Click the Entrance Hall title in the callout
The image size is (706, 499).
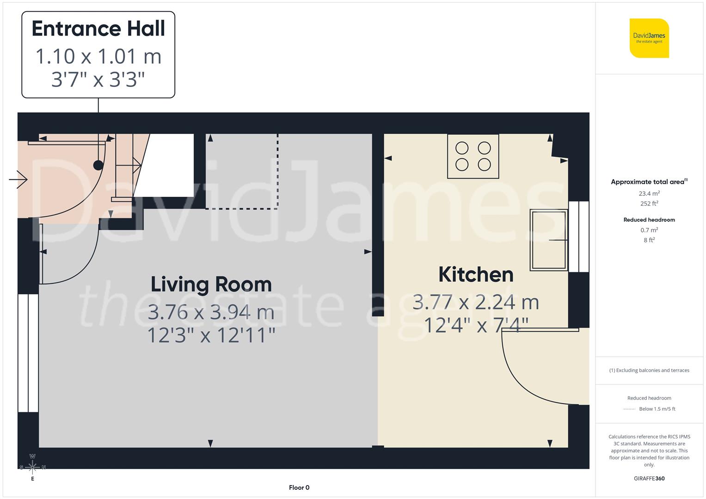pos(98,29)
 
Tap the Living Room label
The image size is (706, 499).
pos(211,284)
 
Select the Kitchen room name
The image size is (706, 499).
pos(476,274)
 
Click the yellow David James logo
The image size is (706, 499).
pos(649,38)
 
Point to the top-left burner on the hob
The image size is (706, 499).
pos(462,148)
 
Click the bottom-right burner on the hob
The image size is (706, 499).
pos(484,164)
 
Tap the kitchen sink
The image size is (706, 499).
pos(549,240)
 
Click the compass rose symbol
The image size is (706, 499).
pos(32,467)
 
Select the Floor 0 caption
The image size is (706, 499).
pos(299,487)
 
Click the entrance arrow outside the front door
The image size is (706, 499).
pos(18,179)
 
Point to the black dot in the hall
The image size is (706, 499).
pos(98,165)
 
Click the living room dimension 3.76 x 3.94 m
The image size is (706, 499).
pos(211,312)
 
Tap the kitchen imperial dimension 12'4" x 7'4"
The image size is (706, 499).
pos(476,325)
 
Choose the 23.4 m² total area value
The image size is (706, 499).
pos(649,194)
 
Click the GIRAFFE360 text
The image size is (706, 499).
pos(649,478)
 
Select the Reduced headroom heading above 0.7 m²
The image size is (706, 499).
pos(649,220)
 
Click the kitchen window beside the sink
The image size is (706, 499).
pos(578,237)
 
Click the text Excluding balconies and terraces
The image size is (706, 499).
pos(652,370)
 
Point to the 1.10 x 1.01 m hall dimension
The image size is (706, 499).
pos(98,56)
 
